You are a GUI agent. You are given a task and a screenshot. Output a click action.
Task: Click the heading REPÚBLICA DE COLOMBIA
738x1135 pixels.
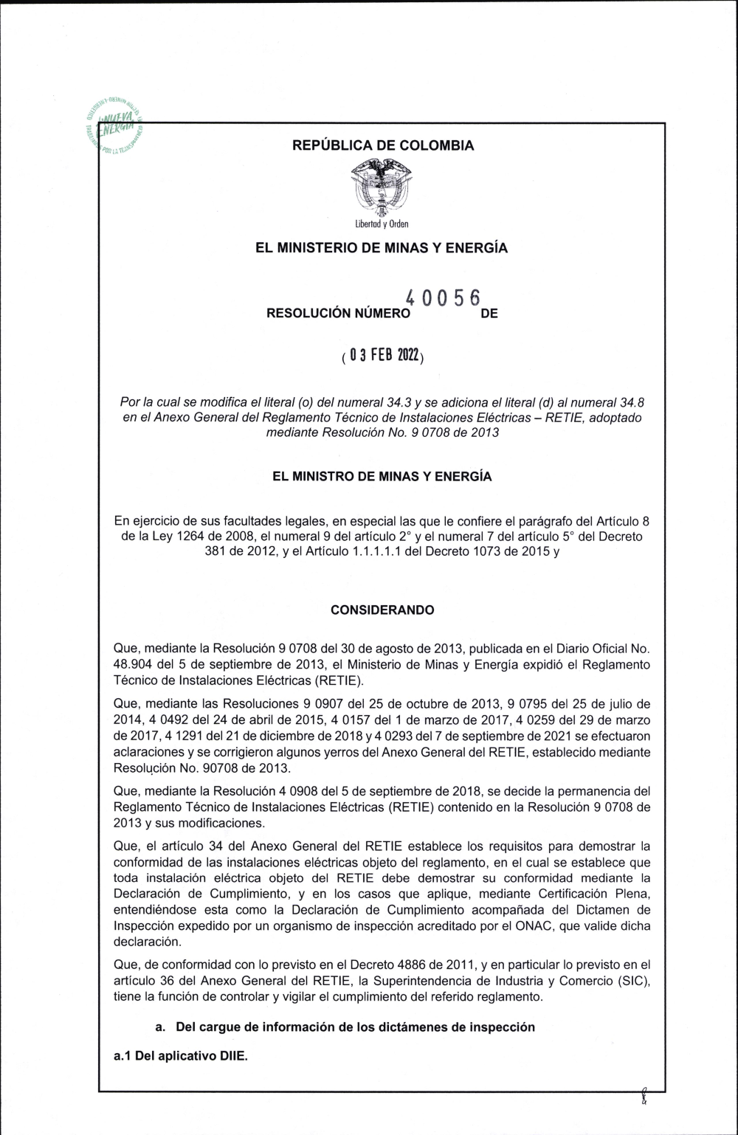coord(383,145)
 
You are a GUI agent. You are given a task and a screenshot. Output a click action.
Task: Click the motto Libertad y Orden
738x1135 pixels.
coord(382,224)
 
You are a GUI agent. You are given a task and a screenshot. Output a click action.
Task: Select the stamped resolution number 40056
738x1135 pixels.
coord(443,299)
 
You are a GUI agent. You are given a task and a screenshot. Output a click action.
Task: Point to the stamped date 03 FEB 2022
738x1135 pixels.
coord(382,356)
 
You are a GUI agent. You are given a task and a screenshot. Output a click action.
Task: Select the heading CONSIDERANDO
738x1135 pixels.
coord(382,610)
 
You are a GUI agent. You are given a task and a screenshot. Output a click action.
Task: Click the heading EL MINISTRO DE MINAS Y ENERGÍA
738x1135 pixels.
coord(382,477)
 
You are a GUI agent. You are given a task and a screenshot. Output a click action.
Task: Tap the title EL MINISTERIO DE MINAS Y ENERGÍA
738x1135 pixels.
coord(382,248)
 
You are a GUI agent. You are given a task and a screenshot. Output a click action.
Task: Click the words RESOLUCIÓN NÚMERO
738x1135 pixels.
coord(338,314)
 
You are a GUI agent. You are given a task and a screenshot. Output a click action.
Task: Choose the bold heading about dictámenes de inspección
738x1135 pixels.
coord(345,1027)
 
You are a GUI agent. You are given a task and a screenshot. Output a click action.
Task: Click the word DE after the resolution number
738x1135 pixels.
coord(489,314)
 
